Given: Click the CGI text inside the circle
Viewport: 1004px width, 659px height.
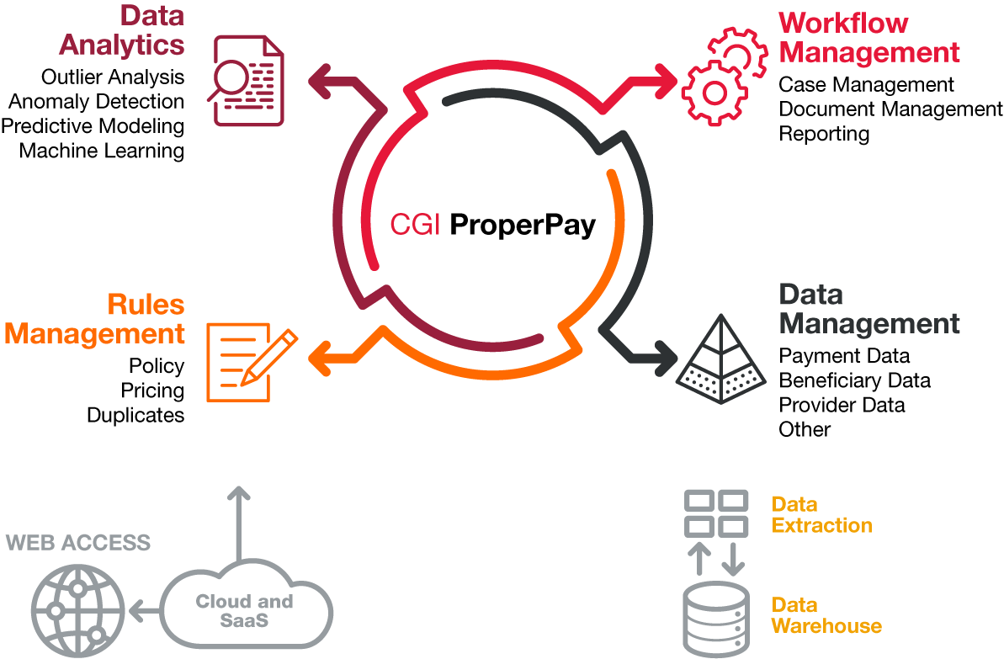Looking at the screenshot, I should click(x=415, y=225).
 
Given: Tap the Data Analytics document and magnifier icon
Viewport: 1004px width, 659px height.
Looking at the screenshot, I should click(x=246, y=81).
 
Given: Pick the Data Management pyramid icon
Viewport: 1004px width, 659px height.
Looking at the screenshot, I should click(x=721, y=359).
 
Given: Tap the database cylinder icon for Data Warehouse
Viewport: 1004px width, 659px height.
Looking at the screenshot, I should click(x=716, y=620).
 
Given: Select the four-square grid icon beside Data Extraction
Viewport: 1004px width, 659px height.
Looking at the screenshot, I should click(x=716, y=513).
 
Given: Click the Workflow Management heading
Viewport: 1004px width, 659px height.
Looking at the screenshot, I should click(x=869, y=38).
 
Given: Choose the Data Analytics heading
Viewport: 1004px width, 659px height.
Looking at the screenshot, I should click(x=122, y=30).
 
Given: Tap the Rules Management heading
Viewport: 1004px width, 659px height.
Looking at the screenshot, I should click(x=95, y=319).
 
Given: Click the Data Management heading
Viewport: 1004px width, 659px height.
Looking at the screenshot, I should click(x=869, y=309).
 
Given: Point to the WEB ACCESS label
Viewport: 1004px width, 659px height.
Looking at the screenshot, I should click(x=78, y=542).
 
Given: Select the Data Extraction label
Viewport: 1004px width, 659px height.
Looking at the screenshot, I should click(x=821, y=515).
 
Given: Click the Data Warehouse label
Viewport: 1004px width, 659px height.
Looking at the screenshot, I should click(x=826, y=615).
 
